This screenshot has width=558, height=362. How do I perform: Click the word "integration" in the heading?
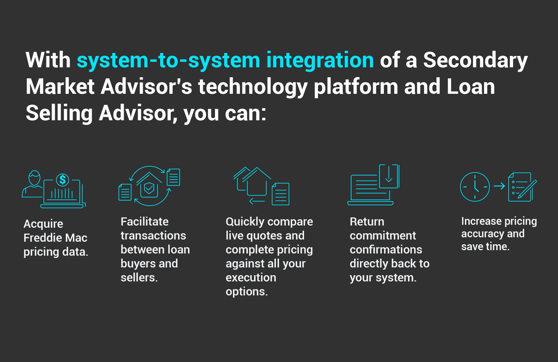(320, 60)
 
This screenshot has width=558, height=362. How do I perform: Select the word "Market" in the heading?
(60, 87)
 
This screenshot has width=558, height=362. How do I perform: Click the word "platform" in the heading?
(356, 88)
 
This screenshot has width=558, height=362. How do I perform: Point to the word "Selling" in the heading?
(59, 113)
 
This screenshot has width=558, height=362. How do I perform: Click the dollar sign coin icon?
(63, 180)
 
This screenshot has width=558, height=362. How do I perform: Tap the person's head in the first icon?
(34, 178)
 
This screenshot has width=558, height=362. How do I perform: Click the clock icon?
(475, 187)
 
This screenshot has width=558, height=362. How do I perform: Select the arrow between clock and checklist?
(499, 186)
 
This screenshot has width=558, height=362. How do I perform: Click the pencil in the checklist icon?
(527, 189)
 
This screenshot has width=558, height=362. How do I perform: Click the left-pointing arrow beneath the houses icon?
(257, 201)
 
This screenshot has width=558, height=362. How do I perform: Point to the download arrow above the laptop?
(389, 173)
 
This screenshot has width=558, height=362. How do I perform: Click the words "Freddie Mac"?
(55, 238)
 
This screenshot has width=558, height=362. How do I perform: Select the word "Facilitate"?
(145, 221)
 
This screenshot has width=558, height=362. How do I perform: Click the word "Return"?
(367, 221)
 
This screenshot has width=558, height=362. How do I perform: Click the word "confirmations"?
(386, 249)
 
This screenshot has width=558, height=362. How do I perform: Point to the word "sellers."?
(139, 278)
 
